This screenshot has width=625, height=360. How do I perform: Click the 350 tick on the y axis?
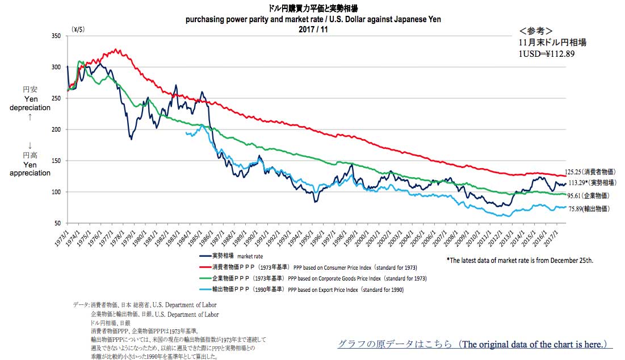coord(57,36)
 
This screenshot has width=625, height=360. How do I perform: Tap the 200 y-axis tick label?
coord(57,129)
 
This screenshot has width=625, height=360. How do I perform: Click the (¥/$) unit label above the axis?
coord(78,28)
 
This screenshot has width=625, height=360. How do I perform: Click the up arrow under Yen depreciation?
coord(30,117)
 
